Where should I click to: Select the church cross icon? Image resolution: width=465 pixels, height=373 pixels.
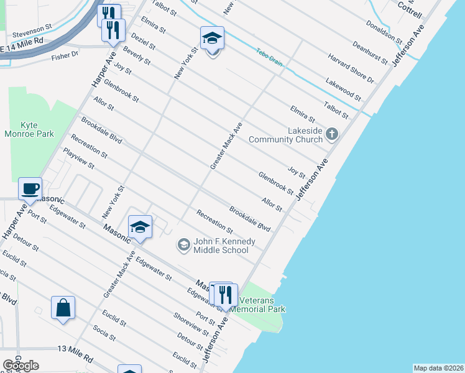tap(332, 134)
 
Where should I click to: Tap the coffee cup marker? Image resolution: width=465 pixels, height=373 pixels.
tap(29, 188)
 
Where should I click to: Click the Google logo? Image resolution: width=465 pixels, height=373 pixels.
tap(21, 366)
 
